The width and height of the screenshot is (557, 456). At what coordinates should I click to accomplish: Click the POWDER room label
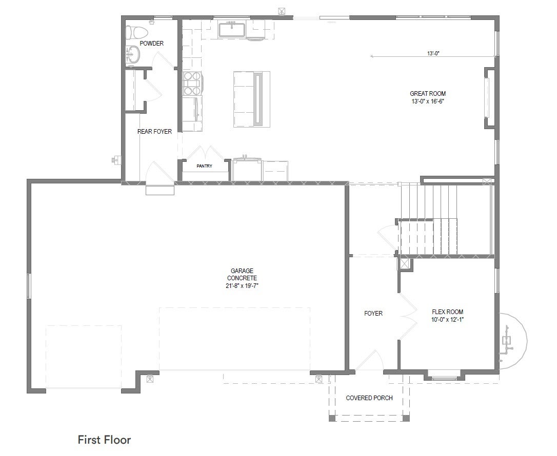point(151,43)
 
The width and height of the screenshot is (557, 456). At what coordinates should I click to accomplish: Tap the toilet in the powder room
point(137,33)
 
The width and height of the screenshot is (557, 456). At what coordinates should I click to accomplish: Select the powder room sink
point(133,55)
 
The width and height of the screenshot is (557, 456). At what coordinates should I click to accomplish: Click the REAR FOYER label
point(154,131)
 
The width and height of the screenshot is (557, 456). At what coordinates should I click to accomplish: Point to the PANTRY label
point(204,165)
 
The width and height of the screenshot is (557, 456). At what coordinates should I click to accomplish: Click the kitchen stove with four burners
point(192,84)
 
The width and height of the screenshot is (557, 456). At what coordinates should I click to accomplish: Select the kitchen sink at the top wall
point(232,30)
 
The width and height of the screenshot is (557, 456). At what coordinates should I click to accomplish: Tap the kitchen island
point(252,99)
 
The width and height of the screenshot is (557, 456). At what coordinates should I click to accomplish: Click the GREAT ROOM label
point(428,93)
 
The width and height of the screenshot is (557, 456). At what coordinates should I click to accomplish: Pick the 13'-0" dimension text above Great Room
point(433,53)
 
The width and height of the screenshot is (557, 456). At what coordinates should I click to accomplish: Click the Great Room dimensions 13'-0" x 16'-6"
point(428,101)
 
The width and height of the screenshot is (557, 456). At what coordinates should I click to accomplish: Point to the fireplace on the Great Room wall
point(489,97)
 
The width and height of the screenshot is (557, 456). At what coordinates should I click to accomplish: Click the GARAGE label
point(242,271)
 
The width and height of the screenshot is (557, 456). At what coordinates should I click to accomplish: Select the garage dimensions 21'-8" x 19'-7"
point(242,286)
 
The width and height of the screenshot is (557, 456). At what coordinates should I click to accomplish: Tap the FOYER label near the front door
point(373,314)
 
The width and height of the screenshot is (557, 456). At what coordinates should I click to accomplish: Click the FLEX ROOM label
point(448,312)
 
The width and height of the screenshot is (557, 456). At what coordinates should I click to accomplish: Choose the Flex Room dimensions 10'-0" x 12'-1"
point(448,319)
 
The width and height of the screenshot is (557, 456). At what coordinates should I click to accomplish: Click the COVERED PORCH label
point(369,398)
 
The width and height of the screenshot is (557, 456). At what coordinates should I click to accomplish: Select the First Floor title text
point(105,440)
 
